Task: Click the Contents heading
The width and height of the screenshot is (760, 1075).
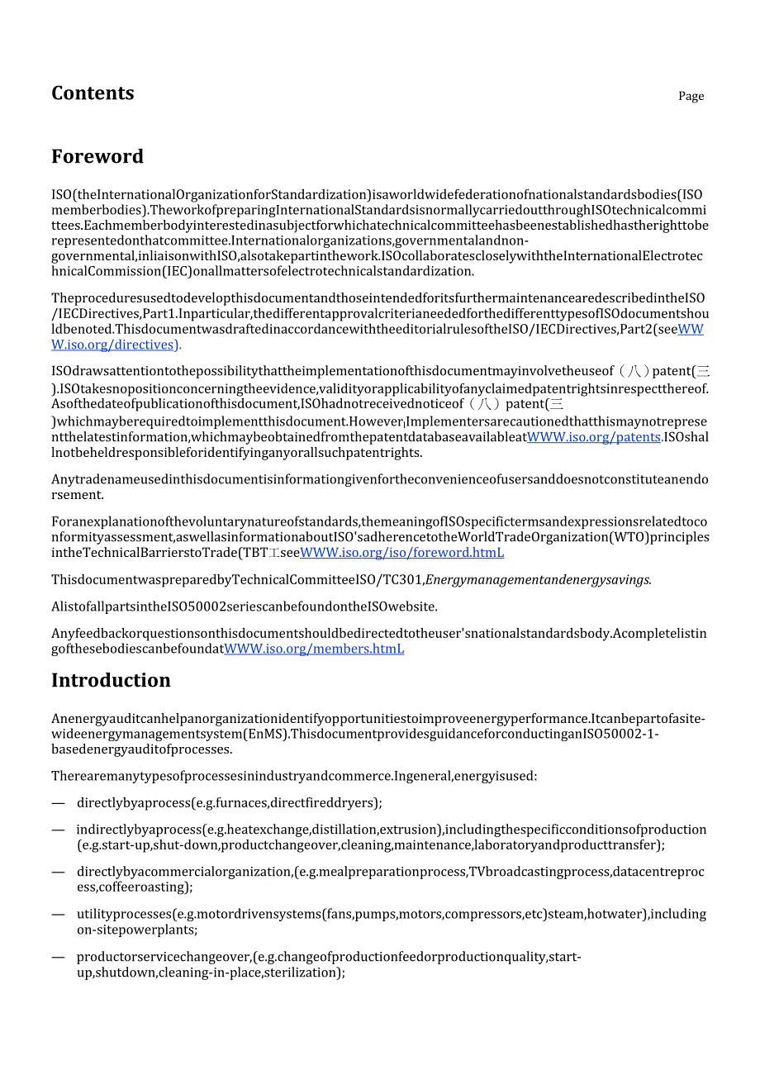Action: [x=93, y=93]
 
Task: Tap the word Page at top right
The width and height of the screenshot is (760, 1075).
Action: [x=691, y=96]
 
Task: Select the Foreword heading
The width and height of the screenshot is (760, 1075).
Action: [x=97, y=156]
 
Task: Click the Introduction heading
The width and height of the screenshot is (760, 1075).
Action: [x=111, y=680]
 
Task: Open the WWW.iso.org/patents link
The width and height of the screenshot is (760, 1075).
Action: [x=594, y=436]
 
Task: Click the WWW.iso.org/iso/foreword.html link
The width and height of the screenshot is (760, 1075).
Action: [x=401, y=553]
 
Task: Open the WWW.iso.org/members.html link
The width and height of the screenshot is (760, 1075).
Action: [x=314, y=649]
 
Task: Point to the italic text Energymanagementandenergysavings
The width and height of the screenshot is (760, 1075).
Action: [x=538, y=579]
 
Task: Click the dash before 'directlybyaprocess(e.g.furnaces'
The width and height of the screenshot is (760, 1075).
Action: [x=58, y=802]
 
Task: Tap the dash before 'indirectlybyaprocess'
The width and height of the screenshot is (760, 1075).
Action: [x=58, y=830]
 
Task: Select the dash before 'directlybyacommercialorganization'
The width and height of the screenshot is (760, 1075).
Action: [x=58, y=872]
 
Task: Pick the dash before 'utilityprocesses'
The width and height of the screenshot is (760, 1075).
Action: [x=58, y=914]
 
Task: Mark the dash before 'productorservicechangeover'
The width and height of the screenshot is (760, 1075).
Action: [x=58, y=957]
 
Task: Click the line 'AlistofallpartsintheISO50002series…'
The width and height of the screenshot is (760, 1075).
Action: [x=245, y=606]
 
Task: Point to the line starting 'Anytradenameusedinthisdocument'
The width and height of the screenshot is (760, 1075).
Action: [x=379, y=479]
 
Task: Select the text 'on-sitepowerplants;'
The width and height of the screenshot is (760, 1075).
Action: [x=137, y=930]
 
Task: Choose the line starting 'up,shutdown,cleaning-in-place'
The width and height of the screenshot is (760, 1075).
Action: [x=211, y=973]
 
